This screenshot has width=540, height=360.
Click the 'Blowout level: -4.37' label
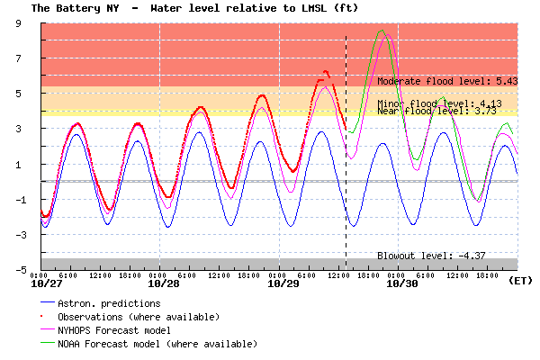[431, 256]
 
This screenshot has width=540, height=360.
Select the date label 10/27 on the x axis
[47, 283]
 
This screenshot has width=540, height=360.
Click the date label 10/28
[164, 283]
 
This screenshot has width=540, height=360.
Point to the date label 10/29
[283, 283]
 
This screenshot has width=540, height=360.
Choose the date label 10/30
[402, 283]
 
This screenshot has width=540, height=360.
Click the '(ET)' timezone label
[520, 281]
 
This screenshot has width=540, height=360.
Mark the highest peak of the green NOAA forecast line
[382, 31]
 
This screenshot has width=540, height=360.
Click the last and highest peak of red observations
[326, 72]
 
